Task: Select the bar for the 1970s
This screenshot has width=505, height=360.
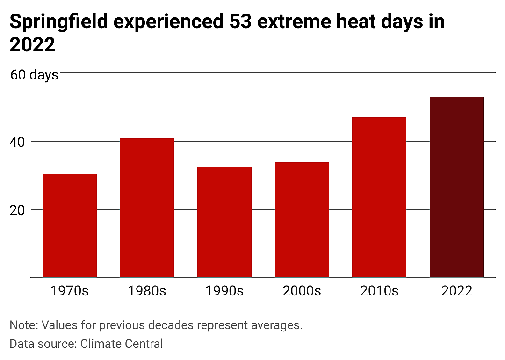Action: click(70, 225)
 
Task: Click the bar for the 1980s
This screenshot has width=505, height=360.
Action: click(147, 208)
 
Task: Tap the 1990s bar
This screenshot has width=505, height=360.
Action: click(224, 222)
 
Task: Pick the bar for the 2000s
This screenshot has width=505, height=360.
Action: click(302, 220)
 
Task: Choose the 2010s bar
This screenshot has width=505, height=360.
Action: click(379, 197)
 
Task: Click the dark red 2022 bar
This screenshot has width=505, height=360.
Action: click(457, 187)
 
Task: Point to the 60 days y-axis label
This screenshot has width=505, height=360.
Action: click(35, 75)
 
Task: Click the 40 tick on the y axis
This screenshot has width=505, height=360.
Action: click(17, 142)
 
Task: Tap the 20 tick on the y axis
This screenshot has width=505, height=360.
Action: click(17, 210)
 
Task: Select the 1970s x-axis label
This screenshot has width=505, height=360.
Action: click(70, 291)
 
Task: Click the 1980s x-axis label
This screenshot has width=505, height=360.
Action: click(147, 291)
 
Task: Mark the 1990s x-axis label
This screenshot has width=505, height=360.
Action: click(224, 291)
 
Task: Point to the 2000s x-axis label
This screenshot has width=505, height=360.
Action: click(302, 291)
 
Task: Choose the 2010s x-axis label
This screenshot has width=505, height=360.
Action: click(379, 291)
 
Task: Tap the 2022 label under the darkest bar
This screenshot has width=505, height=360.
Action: click(457, 291)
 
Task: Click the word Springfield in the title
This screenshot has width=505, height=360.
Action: click(58, 22)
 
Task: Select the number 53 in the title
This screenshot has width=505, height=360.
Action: click(240, 22)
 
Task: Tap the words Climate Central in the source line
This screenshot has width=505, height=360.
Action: click(122, 344)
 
